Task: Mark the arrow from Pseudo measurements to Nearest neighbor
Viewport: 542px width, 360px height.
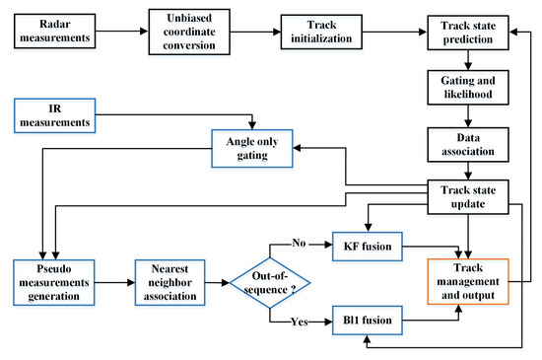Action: (117, 279)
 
